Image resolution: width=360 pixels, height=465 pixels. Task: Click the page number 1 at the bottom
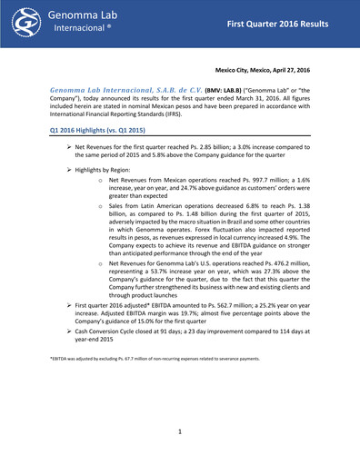point(180,430)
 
